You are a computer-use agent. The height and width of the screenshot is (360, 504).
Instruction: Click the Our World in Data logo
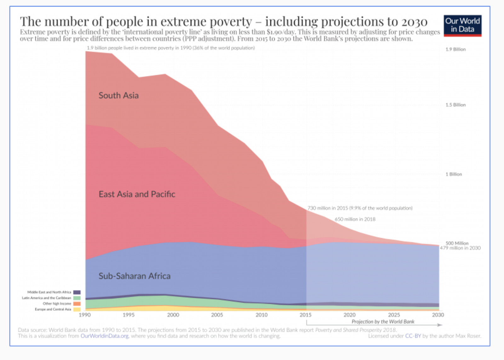462,26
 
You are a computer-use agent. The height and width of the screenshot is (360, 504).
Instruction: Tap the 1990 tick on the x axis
85,315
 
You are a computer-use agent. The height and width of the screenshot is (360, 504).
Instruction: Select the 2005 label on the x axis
217,315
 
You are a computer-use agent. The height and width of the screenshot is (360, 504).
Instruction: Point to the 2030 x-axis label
438,315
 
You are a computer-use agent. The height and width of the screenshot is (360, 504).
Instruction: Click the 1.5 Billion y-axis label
455,105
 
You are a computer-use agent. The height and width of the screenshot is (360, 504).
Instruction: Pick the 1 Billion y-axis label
454,174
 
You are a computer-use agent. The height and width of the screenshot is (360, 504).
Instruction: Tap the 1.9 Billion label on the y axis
455,49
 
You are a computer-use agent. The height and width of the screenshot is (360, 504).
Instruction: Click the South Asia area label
118,95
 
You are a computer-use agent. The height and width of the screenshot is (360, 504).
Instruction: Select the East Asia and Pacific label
137,194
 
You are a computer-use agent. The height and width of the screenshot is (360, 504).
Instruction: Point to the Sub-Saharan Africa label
135,276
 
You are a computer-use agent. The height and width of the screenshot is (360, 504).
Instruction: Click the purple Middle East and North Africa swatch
77,292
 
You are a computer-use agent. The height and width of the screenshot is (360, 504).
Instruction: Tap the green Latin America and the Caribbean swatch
77,298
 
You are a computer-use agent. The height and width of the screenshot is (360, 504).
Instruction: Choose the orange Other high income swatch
77,304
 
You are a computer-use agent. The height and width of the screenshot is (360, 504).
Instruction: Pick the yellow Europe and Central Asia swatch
77,309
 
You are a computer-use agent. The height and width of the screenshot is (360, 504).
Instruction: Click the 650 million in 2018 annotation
355,219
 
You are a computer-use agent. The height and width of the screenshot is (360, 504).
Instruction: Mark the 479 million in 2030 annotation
460,248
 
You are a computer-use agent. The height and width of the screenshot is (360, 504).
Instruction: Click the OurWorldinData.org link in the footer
105,336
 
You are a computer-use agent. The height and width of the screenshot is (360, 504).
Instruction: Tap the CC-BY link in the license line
413,336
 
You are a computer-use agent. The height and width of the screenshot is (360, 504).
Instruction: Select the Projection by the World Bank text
383,322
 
